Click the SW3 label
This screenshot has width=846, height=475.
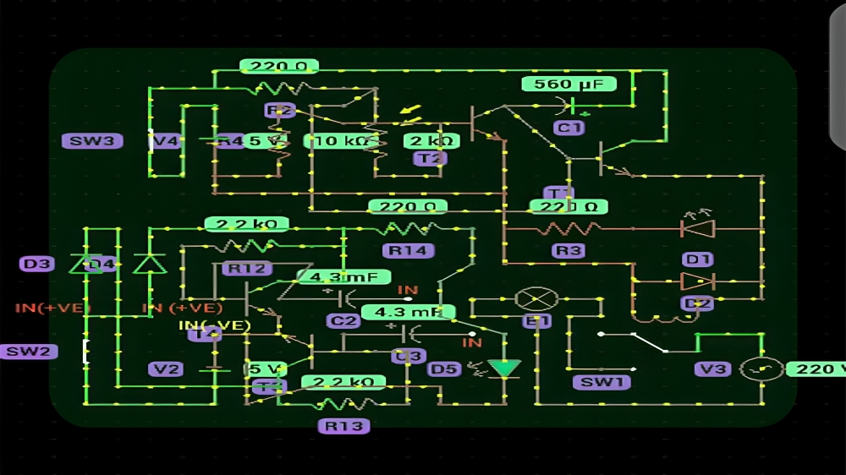tap(92, 141)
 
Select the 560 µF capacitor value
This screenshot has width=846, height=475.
tap(569, 84)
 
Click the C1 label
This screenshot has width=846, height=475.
tap(569, 128)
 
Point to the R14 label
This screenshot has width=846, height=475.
tap(409, 250)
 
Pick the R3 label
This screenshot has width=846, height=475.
tap(569, 250)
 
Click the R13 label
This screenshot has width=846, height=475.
tap(344, 426)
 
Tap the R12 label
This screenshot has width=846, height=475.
tap(246, 269)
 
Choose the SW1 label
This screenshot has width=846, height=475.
tap(602, 382)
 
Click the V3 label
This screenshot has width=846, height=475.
tap(713, 369)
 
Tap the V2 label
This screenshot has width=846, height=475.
tap(166, 369)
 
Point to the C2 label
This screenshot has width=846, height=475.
tap(343, 321)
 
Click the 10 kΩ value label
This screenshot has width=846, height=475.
tap(341, 141)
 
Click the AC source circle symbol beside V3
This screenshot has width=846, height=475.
tap(760, 369)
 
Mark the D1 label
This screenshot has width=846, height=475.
tap(698, 259)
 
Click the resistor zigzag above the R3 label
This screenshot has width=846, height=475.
tap(569, 228)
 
